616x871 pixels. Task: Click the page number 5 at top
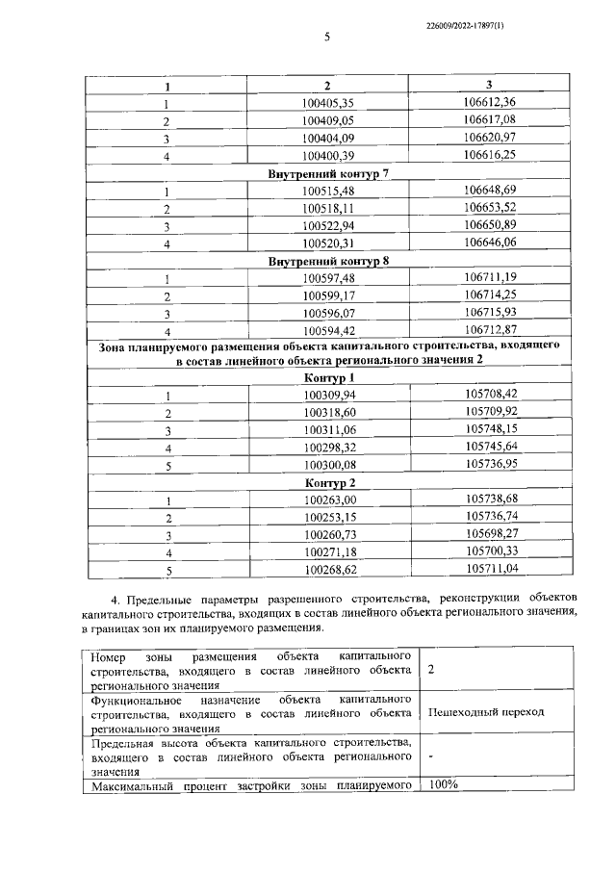click(326, 38)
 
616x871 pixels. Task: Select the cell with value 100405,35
click(328, 104)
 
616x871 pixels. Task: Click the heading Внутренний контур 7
click(328, 173)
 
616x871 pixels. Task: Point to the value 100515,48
click(328, 192)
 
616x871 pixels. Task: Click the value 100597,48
click(328, 278)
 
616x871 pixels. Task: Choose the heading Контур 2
click(328, 481)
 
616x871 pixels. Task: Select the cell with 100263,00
click(328, 500)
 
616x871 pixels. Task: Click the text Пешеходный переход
click(486, 711)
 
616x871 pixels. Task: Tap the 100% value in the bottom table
click(444, 784)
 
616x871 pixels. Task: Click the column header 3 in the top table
click(489, 86)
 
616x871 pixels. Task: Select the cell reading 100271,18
click(328, 551)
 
